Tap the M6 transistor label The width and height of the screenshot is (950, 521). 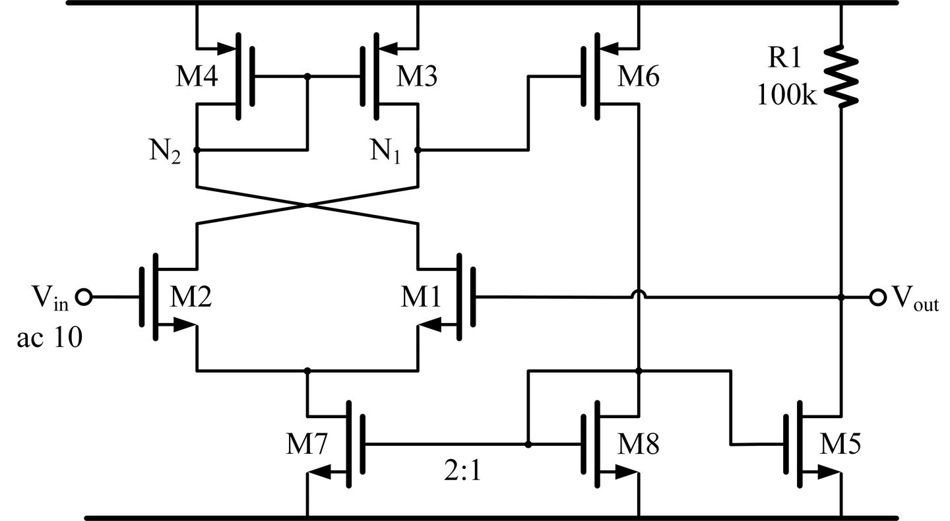pyautogui.click(x=638, y=78)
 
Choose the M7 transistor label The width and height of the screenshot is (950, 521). pyautogui.click(x=306, y=446)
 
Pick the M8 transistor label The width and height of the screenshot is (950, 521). pyautogui.click(x=638, y=446)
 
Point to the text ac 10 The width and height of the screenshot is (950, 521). pyautogui.click(x=49, y=338)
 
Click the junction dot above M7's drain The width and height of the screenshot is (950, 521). pyautogui.click(x=307, y=371)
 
